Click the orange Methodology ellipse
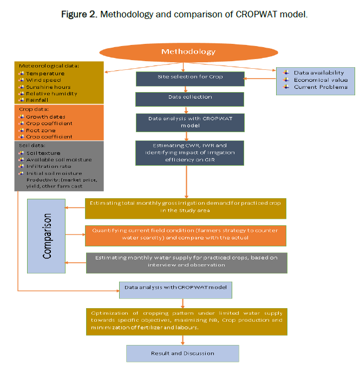[188, 52]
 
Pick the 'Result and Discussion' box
[182, 354]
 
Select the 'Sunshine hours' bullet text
[48, 87]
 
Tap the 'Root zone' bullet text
[41, 130]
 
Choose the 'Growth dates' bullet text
[45, 117]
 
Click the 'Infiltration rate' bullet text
[49, 166]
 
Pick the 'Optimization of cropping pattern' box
[186, 321]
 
